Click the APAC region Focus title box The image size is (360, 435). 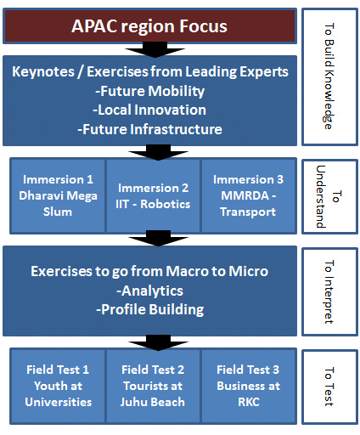pos(149,26)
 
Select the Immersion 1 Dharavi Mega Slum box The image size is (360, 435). pos(58,195)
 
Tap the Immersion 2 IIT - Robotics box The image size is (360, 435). pos(153,195)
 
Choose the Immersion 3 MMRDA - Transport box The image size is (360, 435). pos(249,195)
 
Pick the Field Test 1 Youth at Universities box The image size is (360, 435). pos(58,386)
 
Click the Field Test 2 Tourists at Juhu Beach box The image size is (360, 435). pos(153,386)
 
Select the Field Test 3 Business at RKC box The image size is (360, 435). pos(249,386)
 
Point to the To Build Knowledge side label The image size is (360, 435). pos(329,76)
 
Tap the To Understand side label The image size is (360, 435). pos(329,196)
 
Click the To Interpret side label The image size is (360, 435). pos(329,291)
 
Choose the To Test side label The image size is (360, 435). pos(329,387)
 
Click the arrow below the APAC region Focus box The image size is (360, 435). pos(155,50)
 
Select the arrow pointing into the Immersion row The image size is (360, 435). pos(158,152)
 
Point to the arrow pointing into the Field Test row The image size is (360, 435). pos(158,342)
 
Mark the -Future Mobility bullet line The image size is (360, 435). pos(149,91)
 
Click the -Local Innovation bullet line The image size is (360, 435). pos(149,110)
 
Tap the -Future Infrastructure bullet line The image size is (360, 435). pos(149,129)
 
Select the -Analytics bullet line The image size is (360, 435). pos(149,291)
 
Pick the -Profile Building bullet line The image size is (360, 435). pos(149,309)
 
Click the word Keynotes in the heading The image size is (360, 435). pos(43,71)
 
